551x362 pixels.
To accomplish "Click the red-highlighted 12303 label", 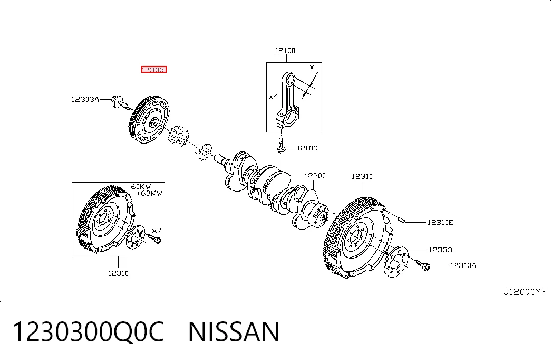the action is [x=153, y=69].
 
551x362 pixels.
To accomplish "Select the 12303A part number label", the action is [x=85, y=100].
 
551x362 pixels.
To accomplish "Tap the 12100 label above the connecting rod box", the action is [x=285, y=51].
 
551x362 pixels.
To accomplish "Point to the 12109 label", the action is [x=307, y=148].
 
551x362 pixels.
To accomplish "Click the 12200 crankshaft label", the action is [x=315, y=176].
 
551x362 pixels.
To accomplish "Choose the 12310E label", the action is [x=440, y=222].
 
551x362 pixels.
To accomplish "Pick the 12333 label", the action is [x=440, y=250].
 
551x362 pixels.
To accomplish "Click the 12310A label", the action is [x=463, y=265].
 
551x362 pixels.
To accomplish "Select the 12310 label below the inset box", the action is [x=118, y=273].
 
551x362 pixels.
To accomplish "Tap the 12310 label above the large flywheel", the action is [x=362, y=176].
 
